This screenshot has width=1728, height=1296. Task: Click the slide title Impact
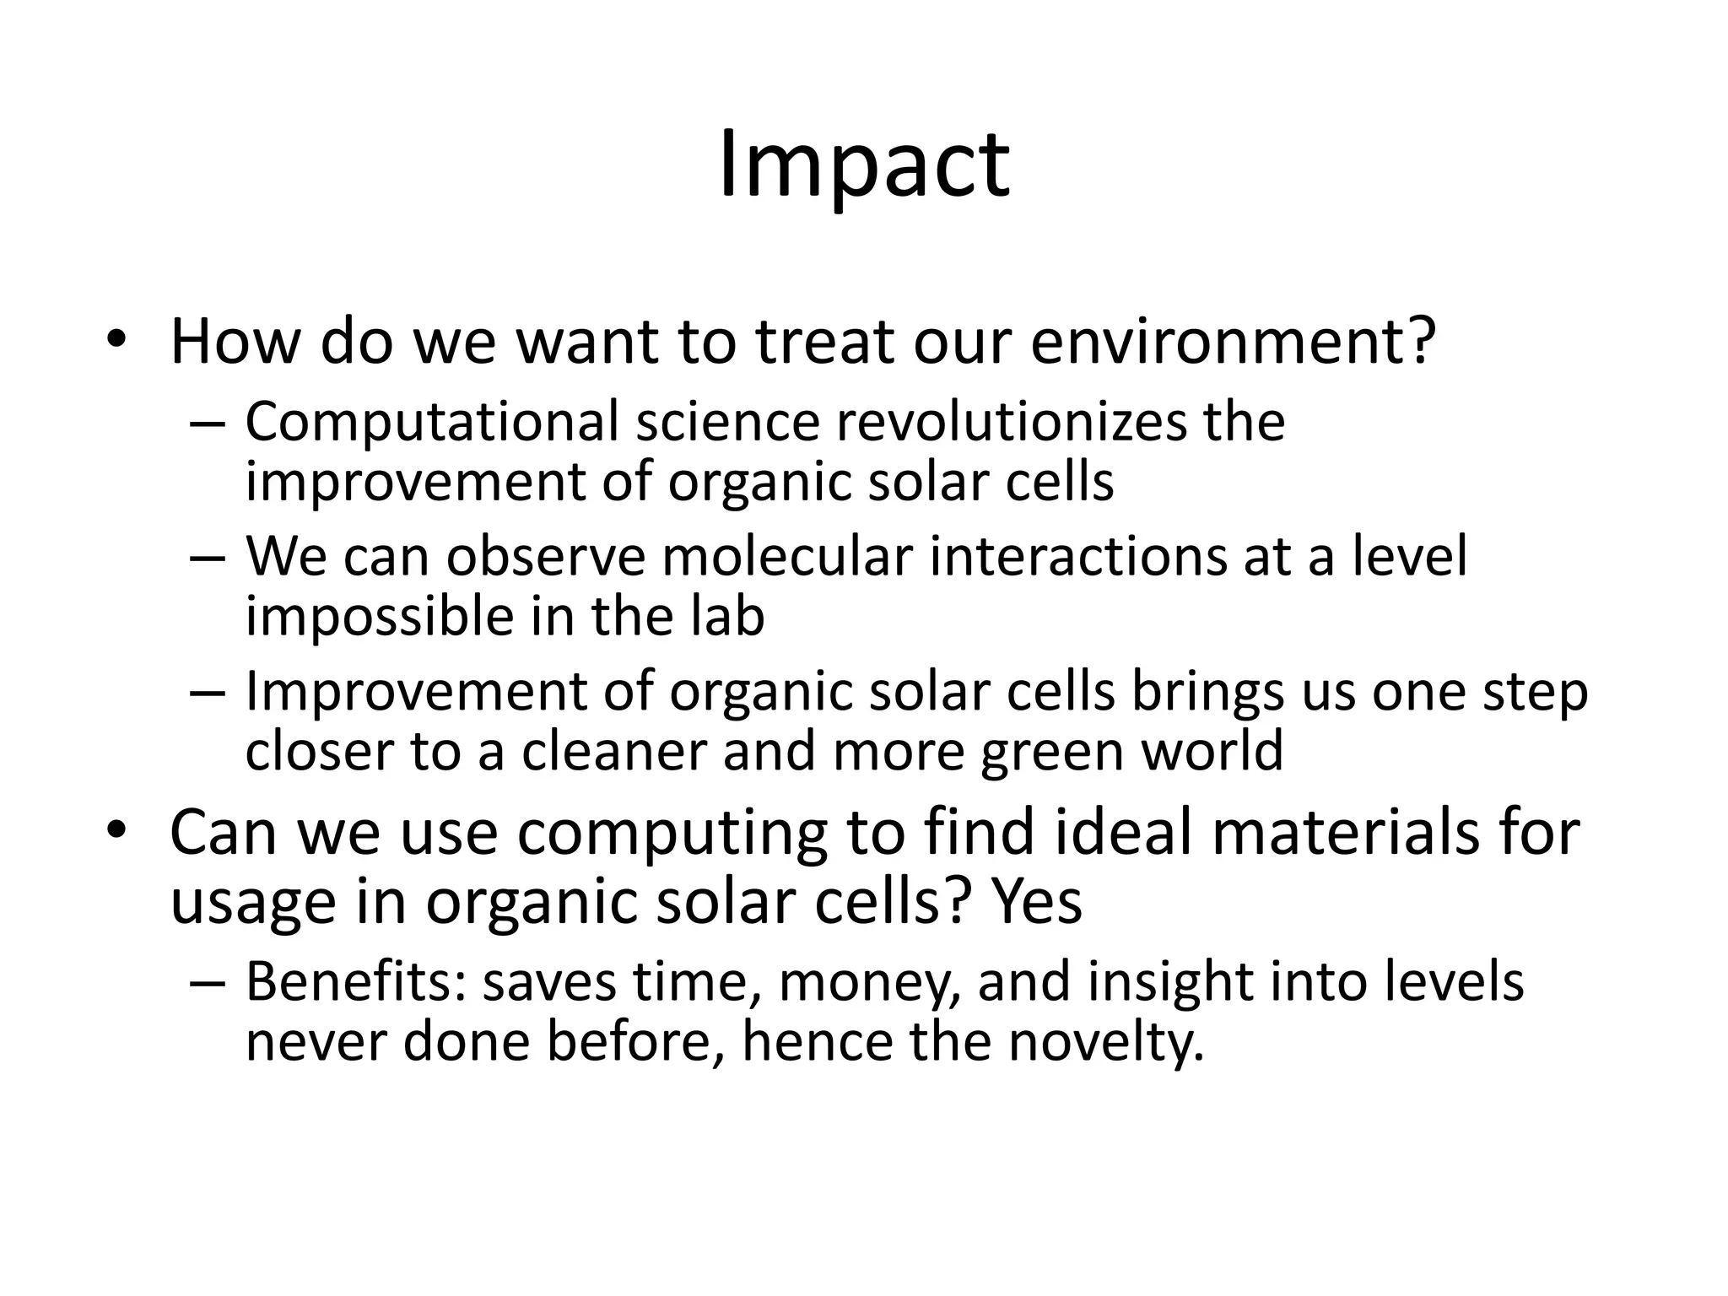click(x=863, y=165)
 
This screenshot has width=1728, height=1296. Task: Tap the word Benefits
click(x=355, y=982)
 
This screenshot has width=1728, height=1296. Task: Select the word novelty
click(x=1105, y=1042)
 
